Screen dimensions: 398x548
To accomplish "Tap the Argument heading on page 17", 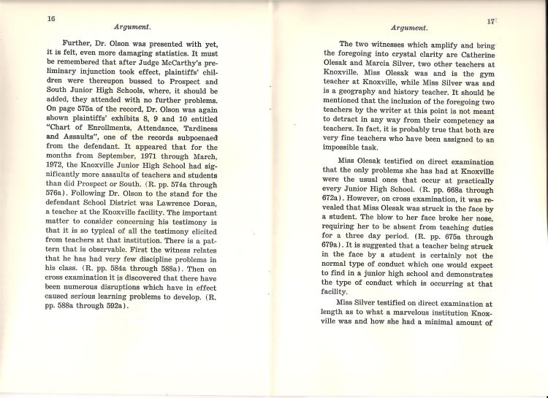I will pos(409,28).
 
